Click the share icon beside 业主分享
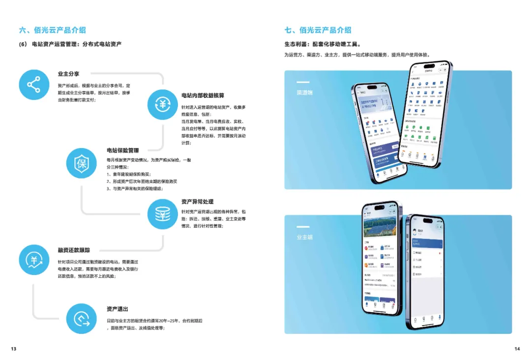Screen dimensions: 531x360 (x=34, y=85)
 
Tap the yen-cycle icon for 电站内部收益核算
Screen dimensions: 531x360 (x=163, y=104)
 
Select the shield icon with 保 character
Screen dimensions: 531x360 (x=82, y=163)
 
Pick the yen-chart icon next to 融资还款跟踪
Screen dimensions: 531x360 (x=34, y=260)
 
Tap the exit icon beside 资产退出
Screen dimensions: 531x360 (x=82, y=319)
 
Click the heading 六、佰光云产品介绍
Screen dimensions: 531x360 (x=53, y=30)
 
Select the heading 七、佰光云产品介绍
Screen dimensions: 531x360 (x=318, y=30)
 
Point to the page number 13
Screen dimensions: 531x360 (x=13, y=349)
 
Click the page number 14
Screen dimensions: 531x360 (x=517, y=349)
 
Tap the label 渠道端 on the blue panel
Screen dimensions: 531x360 (x=304, y=92)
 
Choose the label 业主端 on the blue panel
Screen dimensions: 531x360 (x=304, y=237)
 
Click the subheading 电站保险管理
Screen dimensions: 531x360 (x=123, y=150)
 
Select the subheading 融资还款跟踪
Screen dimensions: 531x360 (x=74, y=250)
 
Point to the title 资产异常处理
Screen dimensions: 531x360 (x=197, y=202)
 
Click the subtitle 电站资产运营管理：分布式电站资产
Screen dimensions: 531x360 (x=76, y=44)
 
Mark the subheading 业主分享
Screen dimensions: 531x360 (x=68, y=74)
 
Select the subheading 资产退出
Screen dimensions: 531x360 (x=117, y=309)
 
